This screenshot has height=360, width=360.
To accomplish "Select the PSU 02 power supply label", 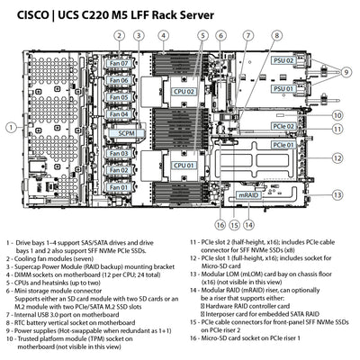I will [283, 60].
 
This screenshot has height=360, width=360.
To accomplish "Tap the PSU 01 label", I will [283, 90].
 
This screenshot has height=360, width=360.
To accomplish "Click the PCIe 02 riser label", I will [283, 126].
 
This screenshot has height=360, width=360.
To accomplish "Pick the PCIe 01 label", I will [283, 144].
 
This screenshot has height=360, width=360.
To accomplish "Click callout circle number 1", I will [10, 128].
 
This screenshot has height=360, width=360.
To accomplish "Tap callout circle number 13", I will [337, 194].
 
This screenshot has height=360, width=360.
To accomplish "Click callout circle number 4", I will [163, 35].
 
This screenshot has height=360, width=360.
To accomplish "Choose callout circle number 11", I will [337, 129].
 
